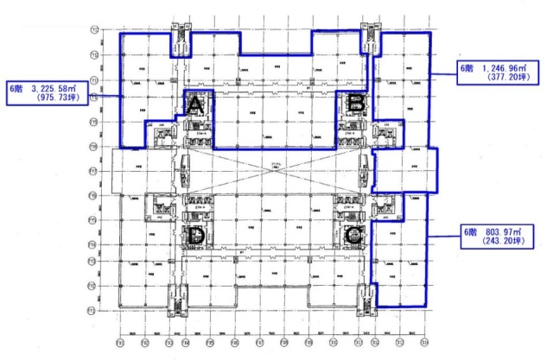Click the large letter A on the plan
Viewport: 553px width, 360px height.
coord(196,106)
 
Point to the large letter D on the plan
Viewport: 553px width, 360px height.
coord(196,235)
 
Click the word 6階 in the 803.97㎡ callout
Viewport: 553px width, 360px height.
coord(470,233)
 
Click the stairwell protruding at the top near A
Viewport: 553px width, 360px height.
coord(182,41)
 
